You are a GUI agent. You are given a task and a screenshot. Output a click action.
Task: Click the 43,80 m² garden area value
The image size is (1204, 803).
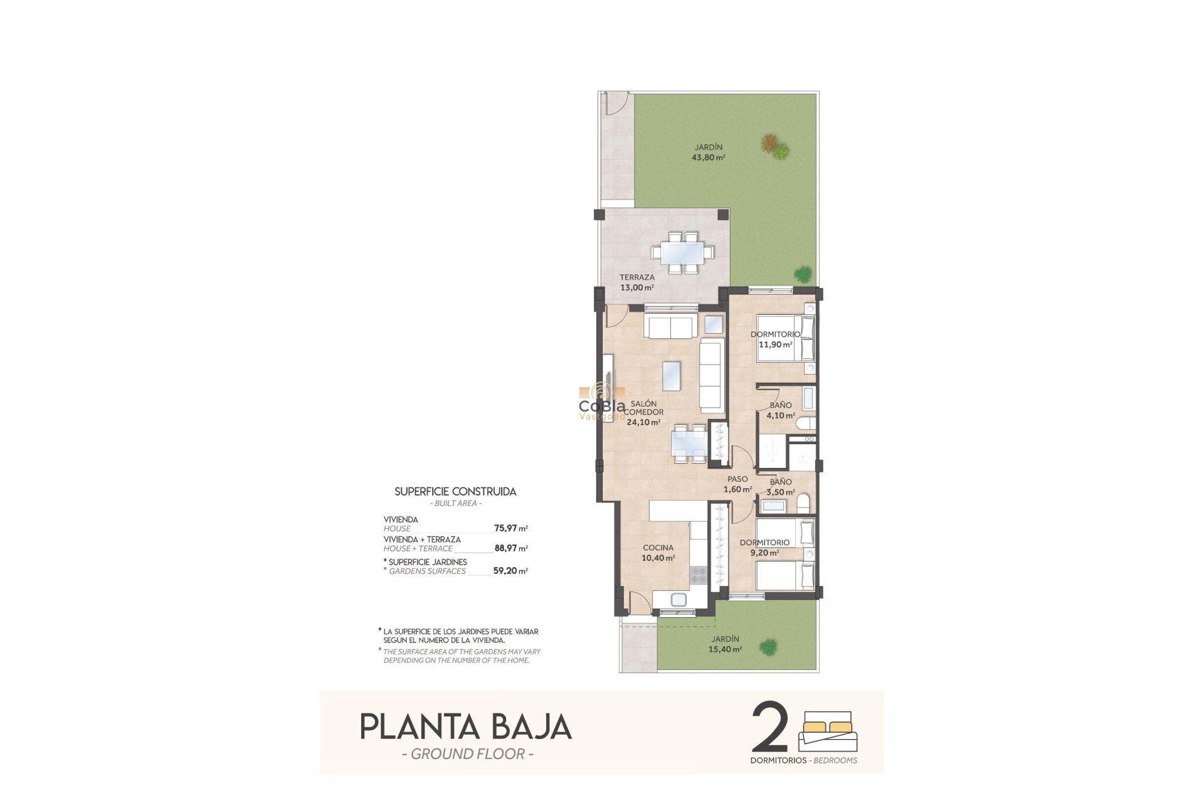(708, 157)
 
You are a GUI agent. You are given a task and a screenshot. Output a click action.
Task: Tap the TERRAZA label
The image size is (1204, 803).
(636, 277)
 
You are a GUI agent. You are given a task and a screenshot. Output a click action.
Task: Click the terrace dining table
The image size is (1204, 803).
(682, 252)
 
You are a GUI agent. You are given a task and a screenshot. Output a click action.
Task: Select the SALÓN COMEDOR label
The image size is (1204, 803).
(643, 408)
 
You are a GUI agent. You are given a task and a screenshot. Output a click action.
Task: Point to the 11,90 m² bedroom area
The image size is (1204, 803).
(775, 344)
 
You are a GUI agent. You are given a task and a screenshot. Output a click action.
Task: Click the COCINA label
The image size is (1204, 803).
(658, 548)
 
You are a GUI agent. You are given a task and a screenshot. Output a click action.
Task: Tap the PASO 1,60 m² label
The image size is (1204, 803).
(737, 484)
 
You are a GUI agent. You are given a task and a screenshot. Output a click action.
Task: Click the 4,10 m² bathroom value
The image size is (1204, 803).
(780, 415)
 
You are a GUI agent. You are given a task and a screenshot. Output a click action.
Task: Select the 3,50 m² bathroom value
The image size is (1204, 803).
(780, 492)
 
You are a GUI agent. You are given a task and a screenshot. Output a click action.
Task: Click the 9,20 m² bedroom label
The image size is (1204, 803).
(764, 553)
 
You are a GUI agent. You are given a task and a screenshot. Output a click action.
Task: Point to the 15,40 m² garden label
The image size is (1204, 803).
(725, 649)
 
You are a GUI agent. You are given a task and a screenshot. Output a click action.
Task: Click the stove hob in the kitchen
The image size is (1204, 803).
(699, 575)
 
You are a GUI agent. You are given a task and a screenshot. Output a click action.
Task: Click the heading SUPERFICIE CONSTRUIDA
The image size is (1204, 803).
(455, 492)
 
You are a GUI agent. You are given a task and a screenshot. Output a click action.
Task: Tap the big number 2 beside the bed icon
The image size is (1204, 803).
(769, 728)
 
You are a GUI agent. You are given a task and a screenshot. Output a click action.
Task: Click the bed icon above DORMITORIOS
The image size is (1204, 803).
(828, 731)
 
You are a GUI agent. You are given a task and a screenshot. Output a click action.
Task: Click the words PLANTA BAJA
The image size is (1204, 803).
(465, 727)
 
